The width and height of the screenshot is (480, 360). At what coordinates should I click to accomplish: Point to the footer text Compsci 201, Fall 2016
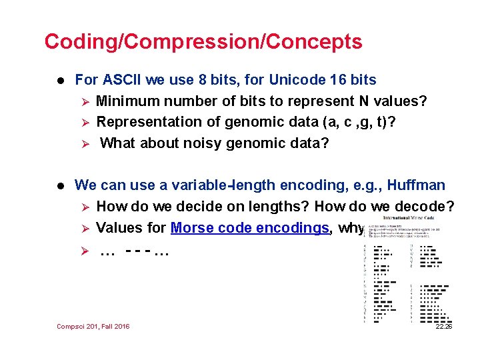[93, 326]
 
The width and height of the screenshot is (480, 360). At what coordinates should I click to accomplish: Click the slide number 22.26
[443, 326]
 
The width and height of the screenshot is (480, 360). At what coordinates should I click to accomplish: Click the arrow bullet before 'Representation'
[84, 122]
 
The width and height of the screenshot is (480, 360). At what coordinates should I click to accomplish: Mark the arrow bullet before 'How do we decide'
[84, 207]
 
